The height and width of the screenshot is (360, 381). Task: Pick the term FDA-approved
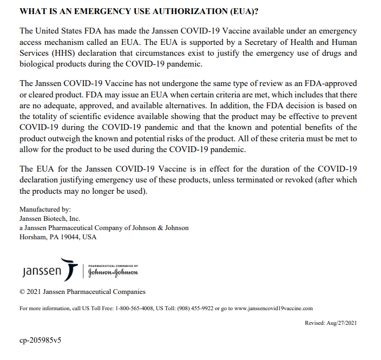click(x=327, y=83)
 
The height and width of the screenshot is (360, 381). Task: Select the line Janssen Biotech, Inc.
click(x=50, y=219)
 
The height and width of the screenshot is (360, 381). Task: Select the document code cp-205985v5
click(x=41, y=342)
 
